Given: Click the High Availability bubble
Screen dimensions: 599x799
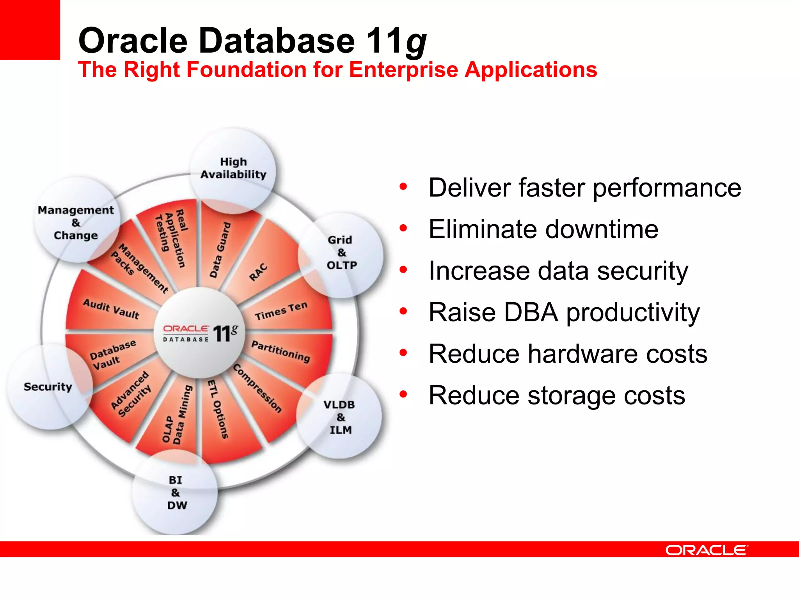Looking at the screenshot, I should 233,168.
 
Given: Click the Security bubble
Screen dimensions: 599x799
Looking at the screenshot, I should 48,387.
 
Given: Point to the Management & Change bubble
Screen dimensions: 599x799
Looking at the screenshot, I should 76,223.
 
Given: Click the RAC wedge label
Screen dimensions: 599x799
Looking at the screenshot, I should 259,272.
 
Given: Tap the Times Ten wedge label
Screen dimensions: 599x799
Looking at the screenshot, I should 281,311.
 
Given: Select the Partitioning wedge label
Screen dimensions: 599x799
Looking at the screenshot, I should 281,351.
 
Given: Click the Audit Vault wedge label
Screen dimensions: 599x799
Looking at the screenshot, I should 111,309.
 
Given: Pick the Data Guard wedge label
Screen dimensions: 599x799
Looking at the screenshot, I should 220,250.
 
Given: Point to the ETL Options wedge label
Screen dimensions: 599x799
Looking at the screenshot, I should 218,409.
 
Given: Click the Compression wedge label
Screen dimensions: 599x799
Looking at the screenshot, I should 257,388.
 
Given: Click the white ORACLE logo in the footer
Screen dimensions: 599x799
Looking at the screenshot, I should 707,550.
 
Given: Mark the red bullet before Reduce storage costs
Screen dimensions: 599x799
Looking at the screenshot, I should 403,394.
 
